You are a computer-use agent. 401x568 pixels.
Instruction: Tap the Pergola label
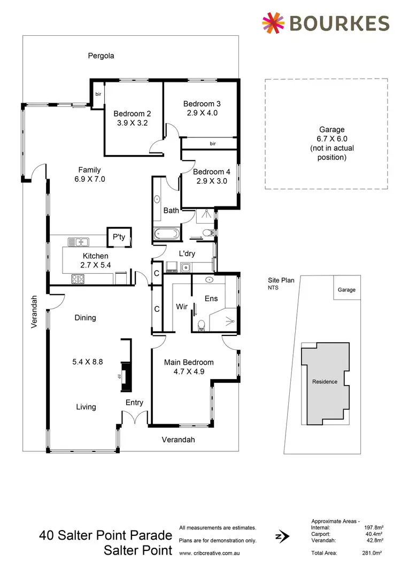pyautogui.click(x=102, y=56)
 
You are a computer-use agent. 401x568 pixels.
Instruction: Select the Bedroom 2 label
pyautogui.click(x=132, y=113)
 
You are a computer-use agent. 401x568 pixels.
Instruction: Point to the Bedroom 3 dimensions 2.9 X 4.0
pyautogui.click(x=201, y=113)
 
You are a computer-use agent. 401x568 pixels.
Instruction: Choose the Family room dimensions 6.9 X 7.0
pyautogui.click(x=90, y=179)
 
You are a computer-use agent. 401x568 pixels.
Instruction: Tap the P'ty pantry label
pyautogui.click(x=118, y=237)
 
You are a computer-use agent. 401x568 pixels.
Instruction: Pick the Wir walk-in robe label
pyautogui.click(x=181, y=307)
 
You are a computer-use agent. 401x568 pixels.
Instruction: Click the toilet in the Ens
pyautogui.click(x=202, y=325)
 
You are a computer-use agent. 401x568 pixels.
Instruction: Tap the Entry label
pyautogui.click(x=134, y=403)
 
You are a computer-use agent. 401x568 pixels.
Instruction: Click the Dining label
pyautogui.click(x=85, y=318)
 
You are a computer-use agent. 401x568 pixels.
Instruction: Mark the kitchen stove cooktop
pyautogui.click(x=78, y=279)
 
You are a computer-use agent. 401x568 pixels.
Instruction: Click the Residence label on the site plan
pyautogui.click(x=325, y=381)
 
